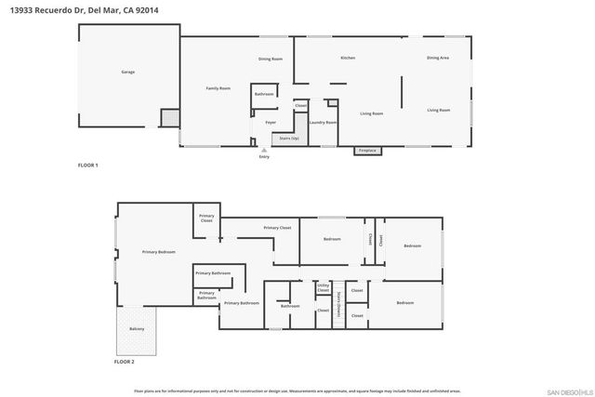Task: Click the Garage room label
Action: coord(128,72)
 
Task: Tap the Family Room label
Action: coord(218,88)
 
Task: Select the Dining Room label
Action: coord(271,59)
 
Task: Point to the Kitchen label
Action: coord(348,58)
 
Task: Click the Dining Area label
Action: coord(438,58)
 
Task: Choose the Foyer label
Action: coord(271,122)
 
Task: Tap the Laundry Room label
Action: coord(323,122)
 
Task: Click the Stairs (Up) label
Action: coord(288,138)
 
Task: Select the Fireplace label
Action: coord(367,150)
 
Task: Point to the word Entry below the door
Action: coord(265,157)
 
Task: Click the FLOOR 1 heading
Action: coord(87,165)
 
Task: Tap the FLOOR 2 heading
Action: coord(125,361)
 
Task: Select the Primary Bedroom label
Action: coord(158,252)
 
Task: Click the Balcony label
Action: coord(137,329)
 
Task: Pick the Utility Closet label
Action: coord(323,287)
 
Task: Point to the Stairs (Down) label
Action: coord(339,303)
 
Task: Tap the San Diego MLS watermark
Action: coord(566,391)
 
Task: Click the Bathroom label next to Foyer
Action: coord(264,94)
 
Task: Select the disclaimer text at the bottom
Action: coord(297,391)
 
